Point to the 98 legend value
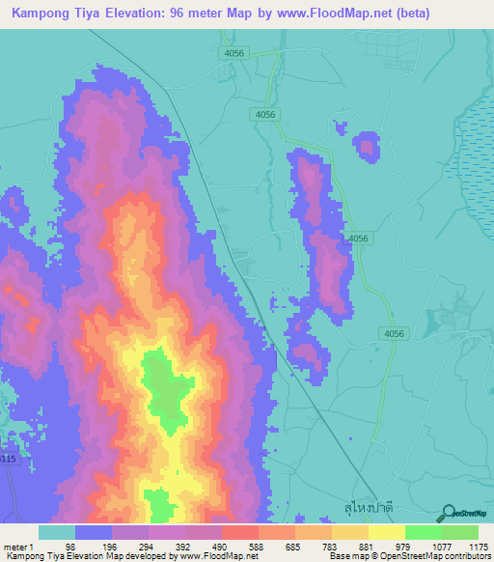tap(70, 545)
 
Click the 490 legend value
tap(220, 545)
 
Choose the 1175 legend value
tap(479, 545)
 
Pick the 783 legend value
tap(330, 545)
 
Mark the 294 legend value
tap(145, 545)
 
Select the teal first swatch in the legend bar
tap(57, 531)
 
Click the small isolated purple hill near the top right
tap(367, 146)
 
